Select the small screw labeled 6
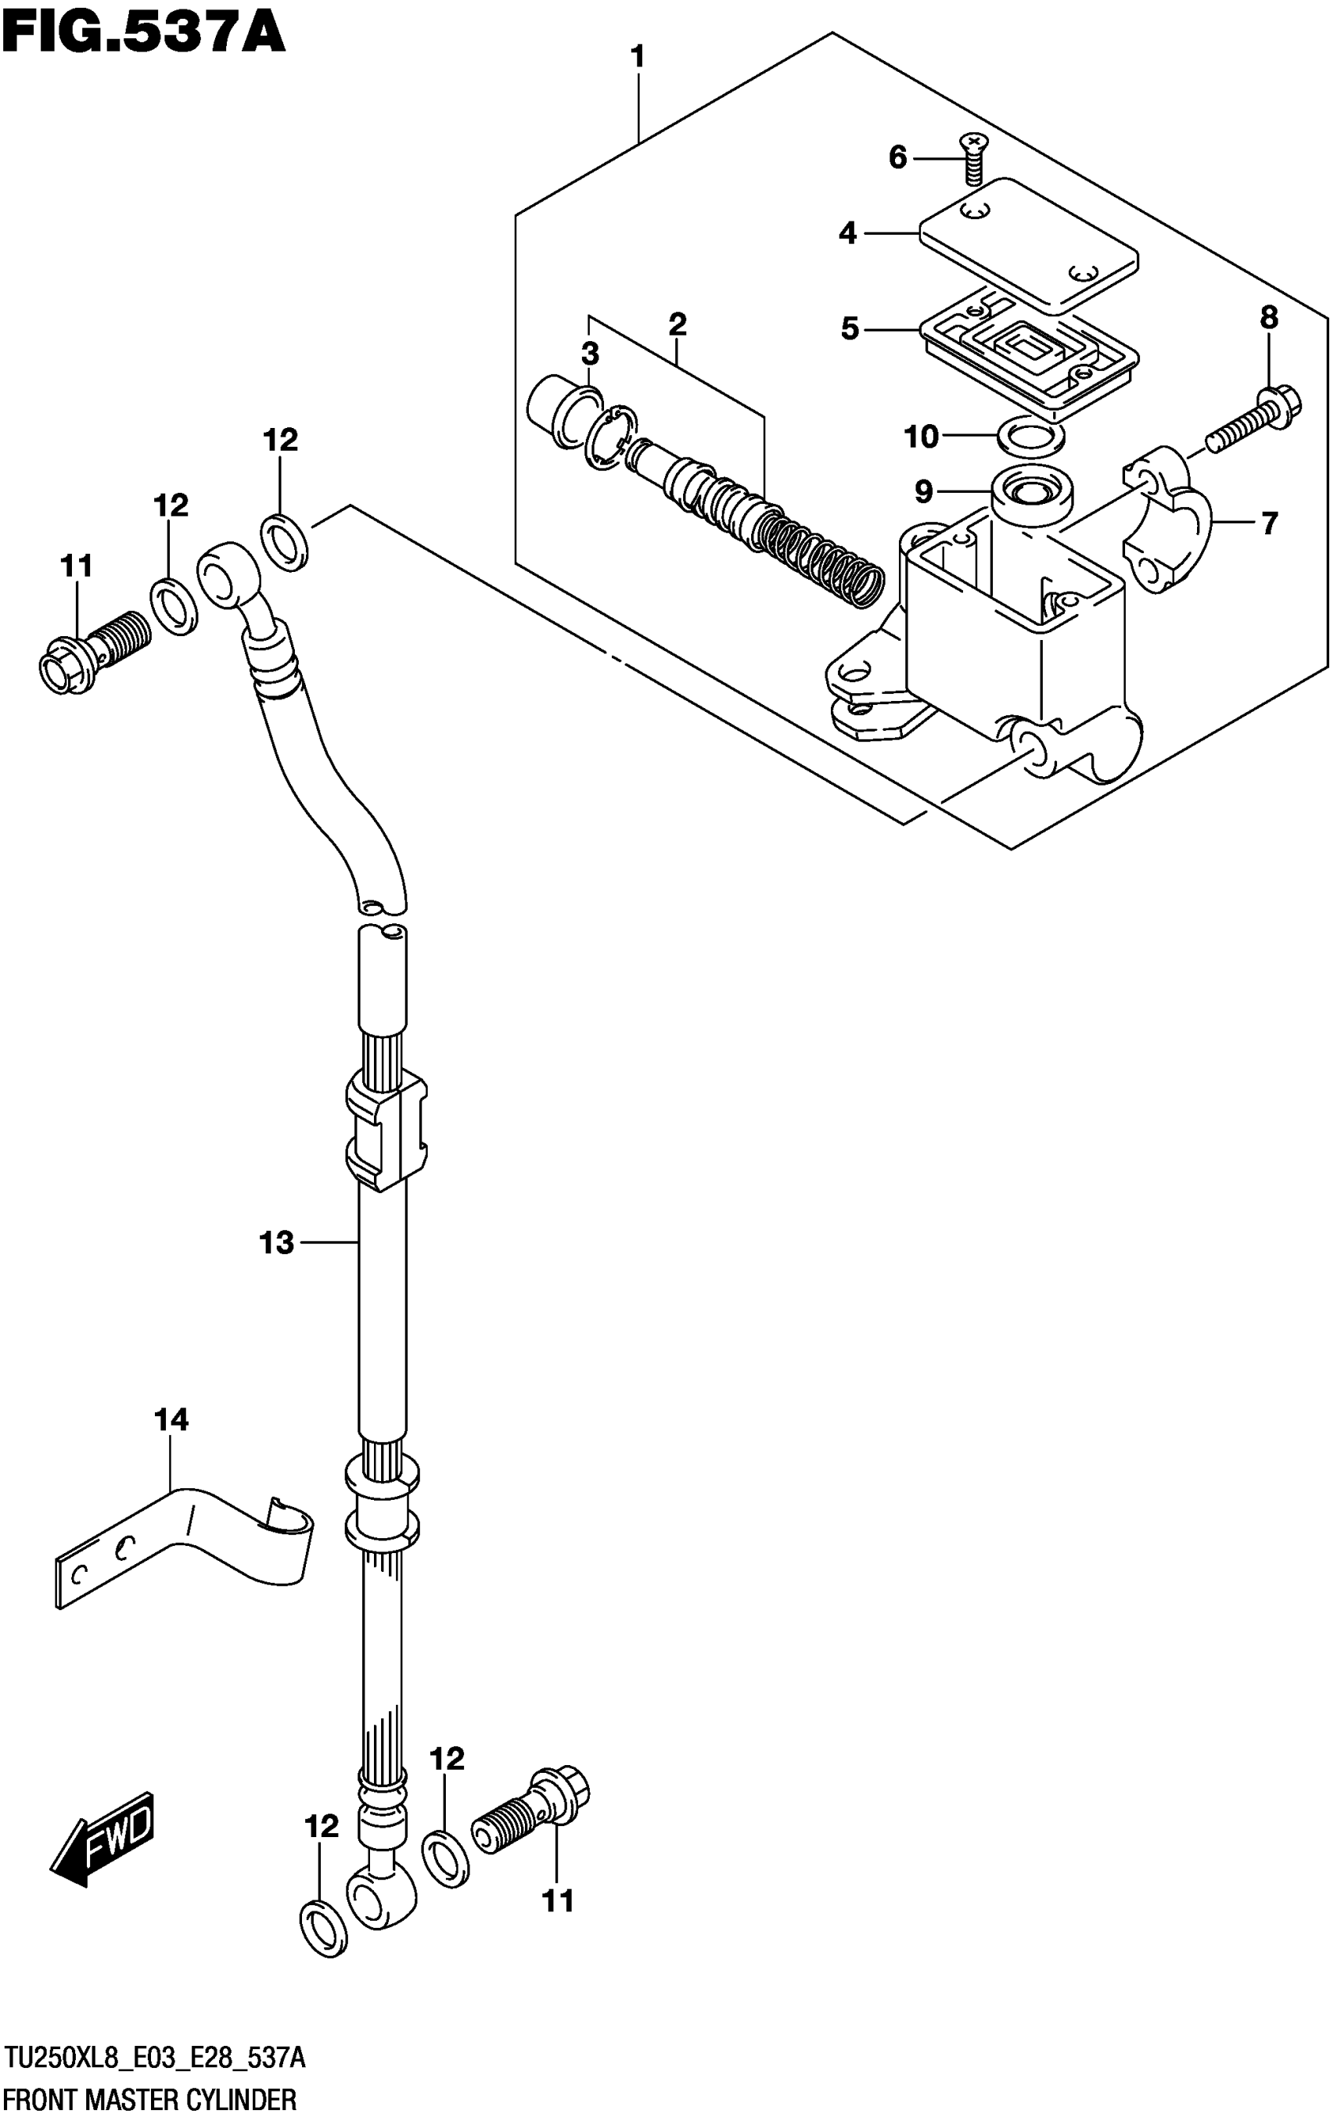[973, 162]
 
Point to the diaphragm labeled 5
[1029, 352]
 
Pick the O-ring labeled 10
[1031, 434]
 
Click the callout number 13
[276, 1242]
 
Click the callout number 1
[638, 58]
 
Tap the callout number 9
[922, 491]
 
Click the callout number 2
[677, 325]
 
